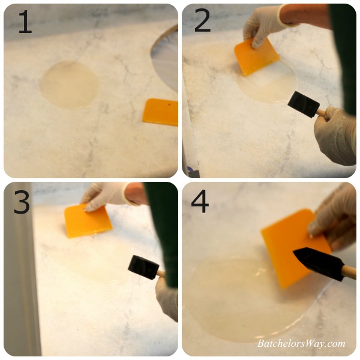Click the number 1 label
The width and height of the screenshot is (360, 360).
(25, 22)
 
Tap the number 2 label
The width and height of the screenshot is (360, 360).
(202, 21)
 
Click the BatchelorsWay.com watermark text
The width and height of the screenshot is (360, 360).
(301, 343)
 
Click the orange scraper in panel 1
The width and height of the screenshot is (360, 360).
(161, 112)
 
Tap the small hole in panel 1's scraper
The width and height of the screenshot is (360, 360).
(169, 104)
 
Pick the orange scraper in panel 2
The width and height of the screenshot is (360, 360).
(256, 58)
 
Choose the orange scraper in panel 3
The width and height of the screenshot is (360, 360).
(88, 221)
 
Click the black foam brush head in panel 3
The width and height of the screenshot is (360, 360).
(143, 268)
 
